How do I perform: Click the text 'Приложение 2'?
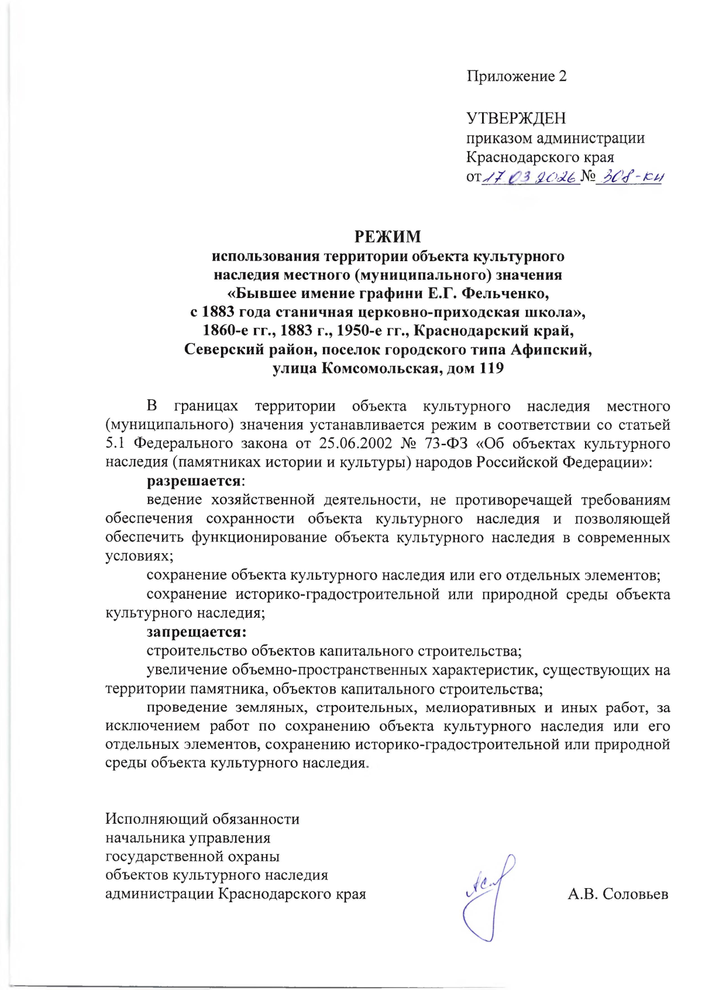click(x=516, y=76)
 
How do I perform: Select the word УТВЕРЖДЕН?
click(x=516, y=118)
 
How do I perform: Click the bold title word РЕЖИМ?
click(x=387, y=237)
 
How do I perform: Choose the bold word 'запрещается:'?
click(x=197, y=632)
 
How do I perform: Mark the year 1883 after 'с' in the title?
click(x=218, y=311)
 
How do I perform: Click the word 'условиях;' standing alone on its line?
click(x=139, y=556)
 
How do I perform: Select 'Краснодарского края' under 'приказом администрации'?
click(x=539, y=157)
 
